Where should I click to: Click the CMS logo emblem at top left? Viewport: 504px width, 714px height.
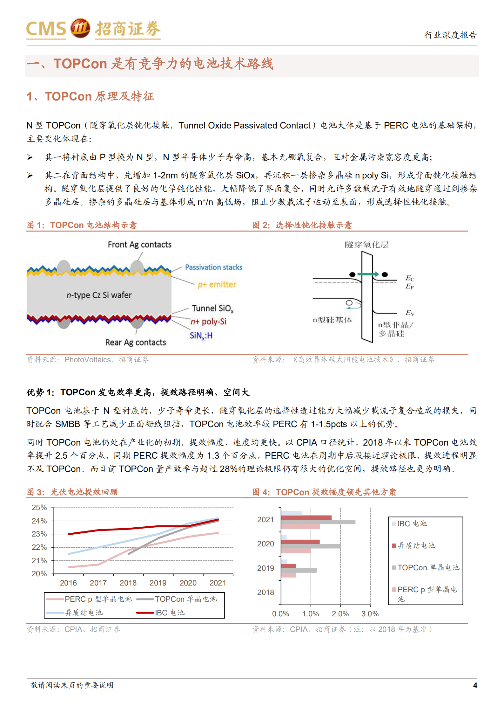click(80, 29)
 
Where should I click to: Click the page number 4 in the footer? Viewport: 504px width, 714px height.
click(475, 685)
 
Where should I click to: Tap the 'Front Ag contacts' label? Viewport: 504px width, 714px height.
click(139, 245)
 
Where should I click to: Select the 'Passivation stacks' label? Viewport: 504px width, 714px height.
click(213, 267)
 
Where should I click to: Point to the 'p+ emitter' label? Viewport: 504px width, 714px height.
click(217, 285)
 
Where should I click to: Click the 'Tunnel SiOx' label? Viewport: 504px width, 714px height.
click(212, 308)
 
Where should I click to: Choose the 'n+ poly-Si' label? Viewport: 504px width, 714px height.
click(208, 322)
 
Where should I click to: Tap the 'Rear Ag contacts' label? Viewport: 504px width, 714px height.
click(136, 343)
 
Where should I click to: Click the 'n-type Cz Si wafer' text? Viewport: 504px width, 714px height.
click(99, 295)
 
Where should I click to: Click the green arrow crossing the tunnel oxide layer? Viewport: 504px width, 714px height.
click(368, 274)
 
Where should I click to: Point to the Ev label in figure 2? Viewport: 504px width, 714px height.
click(410, 313)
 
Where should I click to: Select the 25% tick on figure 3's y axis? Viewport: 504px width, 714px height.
click(39, 508)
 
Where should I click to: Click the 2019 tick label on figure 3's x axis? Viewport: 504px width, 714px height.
click(158, 583)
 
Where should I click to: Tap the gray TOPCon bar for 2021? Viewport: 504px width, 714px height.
click(318, 522)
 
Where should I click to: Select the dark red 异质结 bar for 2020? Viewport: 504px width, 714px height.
click(300, 542)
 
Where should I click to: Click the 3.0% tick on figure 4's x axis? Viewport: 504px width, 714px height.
click(370, 614)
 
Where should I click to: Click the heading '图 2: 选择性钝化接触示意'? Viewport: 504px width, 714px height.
click(302, 225)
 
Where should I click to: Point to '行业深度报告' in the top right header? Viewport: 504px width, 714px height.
click(450, 35)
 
